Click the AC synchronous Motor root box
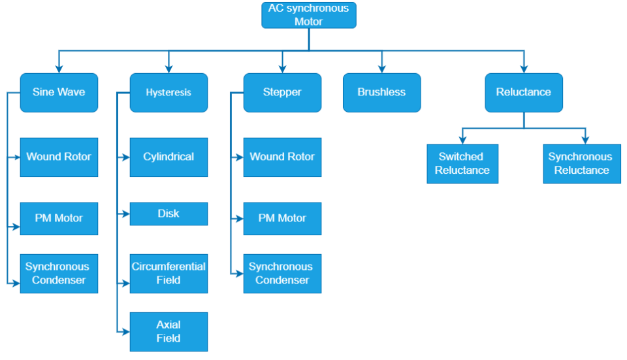coord(309,15)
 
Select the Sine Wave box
coord(59,92)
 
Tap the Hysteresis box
coord(169,92)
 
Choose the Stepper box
coord(282,92)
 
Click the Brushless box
coord(381,92)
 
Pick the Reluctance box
coord(523,92)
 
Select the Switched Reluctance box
coord(462,163)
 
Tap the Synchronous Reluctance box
coord(581,163)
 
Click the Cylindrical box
coord(169,157)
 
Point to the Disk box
coord(169,214)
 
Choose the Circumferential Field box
coord(169,273)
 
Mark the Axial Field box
coord(169,331)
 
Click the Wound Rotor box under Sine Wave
coord(59,157)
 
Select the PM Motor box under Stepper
coord(282,218)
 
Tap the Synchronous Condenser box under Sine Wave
coord(59,273)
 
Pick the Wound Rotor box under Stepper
coord(282,157)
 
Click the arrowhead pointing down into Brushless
coord(381,69)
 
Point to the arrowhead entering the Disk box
coord(125,214)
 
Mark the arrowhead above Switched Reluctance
coord(462,140)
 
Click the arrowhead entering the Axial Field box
coord(125,331)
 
